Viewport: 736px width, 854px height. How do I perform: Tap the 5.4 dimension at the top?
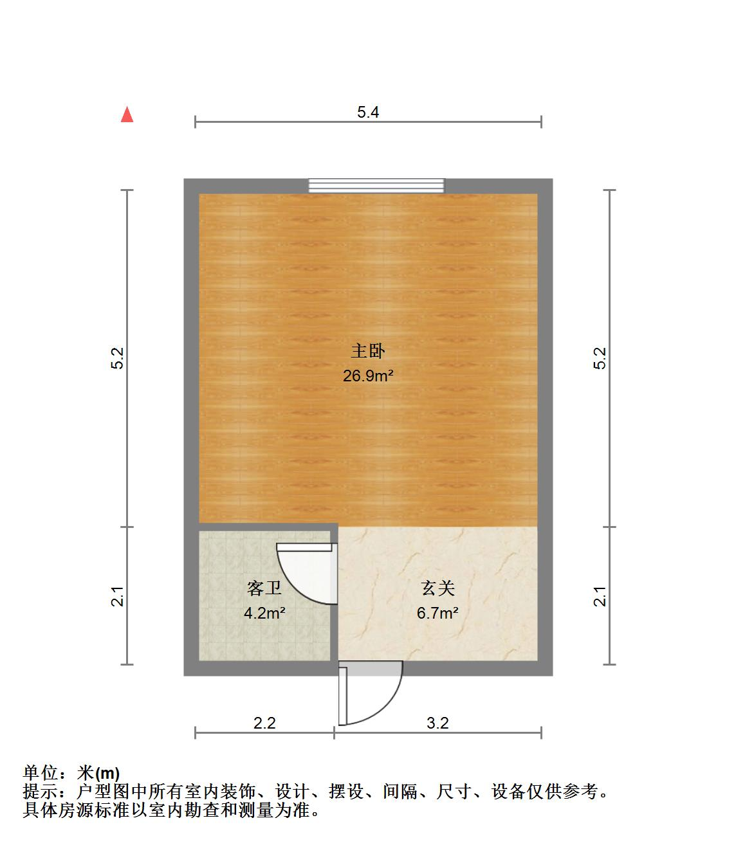pyautogui.click(x=368, y=113)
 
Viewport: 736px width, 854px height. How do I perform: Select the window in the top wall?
pyautogui.click(x=376, y=186)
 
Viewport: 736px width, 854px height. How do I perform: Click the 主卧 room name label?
pyautogui.click(x=368, y=350)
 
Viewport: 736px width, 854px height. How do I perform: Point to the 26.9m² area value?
pyautogui.click(x=368, y=376)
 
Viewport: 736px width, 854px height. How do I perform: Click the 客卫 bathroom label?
pyautogui.click(x=264, y=588)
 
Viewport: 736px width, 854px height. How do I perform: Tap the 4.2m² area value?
pyautogui.click(x=264, y=613)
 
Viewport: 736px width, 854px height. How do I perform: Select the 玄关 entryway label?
pyautogui.click(x=438, y=588)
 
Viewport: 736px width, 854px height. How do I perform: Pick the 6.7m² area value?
pyautogui.click(x=437, y=613)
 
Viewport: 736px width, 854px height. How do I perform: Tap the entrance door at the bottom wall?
pyautogui.click(x=370, y=695)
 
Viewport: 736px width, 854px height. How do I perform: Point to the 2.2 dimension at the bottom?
pyautogui.click(x=264, y=723)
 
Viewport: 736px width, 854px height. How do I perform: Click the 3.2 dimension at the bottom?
pyautogui.click(x=437, y=723)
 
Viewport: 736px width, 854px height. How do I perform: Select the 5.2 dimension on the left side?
pyautogui.click(x=117, y=358)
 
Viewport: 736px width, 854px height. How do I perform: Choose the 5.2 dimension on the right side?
pyautogui.click(x=600, y=358)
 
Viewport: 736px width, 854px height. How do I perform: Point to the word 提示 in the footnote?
pyautogui.click(x=40, y=792)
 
